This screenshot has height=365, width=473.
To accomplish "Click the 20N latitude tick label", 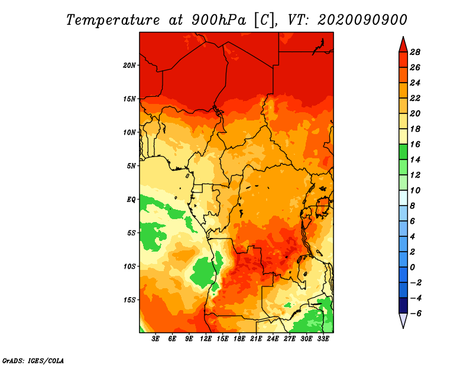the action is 129,65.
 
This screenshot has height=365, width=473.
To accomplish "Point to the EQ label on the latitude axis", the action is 131,200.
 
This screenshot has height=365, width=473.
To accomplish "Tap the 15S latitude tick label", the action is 129,300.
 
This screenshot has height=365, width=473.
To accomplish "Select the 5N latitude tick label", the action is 131,166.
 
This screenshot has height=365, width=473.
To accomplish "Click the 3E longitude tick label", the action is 155,339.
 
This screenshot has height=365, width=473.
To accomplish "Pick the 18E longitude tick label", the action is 239,339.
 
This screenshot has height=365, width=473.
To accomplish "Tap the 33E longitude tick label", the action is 323,339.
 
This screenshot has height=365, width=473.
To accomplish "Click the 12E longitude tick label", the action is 206,339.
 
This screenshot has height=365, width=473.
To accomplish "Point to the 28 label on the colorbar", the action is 415,52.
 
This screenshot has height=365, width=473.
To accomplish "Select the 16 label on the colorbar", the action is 415,144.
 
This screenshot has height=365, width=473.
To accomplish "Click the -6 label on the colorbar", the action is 416,314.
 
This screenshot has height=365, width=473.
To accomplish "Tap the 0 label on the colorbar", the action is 412,268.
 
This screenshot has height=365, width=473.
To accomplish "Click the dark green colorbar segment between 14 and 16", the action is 403,152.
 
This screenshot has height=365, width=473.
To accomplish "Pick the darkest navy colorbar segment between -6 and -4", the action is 403,305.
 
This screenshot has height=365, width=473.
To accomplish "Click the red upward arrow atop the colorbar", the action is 403,45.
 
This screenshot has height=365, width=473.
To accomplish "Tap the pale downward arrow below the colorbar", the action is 403,321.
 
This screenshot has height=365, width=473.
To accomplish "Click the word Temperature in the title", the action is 113,20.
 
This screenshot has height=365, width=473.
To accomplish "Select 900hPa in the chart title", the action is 219,20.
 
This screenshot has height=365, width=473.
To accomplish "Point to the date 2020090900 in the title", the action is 362,20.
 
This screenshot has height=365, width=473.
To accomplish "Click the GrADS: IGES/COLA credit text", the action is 33,361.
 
